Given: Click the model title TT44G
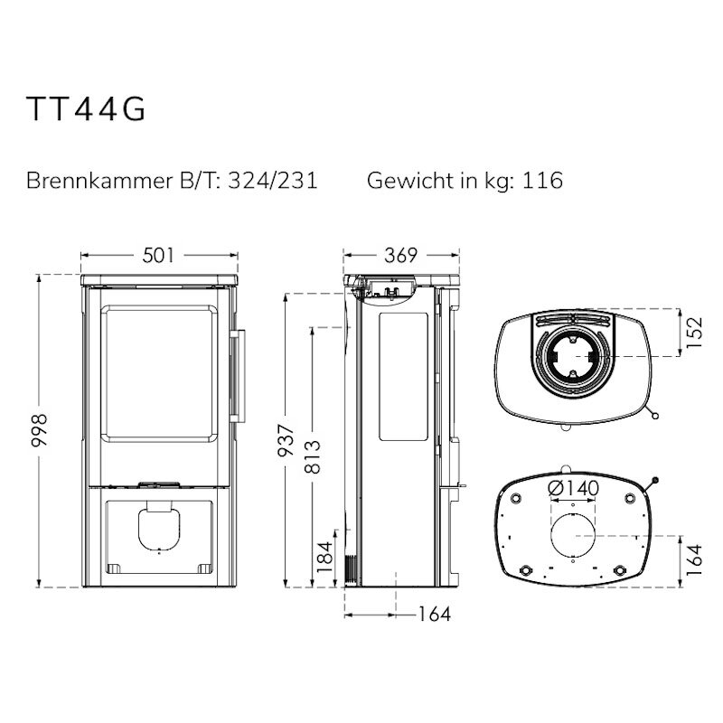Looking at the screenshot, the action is [x=86, y=108].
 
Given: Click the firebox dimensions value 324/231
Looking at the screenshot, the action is [x=273, y=180].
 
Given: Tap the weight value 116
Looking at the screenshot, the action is [x=542, y=180].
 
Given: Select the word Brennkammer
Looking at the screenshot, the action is [x=99, y=180].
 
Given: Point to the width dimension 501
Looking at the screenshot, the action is [x=159, y=255].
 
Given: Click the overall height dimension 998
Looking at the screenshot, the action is [x=40, y=430].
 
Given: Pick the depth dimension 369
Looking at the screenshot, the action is [x=400, y=255].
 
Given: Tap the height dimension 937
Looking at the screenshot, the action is [x=286, y=440].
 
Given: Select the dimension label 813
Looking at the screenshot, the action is [x=313, y=457].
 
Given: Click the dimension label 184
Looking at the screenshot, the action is [x=324, y=557].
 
